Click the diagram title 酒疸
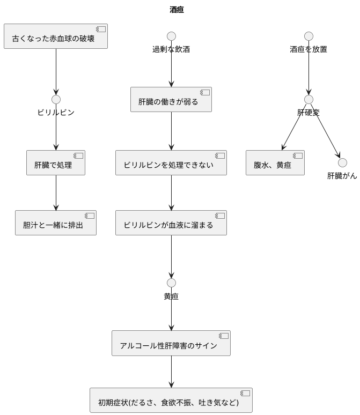(x=177, y=10)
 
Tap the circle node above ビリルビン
(x=56, y=99)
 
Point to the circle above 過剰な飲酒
(x=171, y=36)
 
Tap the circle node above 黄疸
(x=171, y=283)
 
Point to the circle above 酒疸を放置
(x=308, y=36)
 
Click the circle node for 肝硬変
(x=308, y=99)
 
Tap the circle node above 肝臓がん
(x=342, y=162)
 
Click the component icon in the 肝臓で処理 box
(x=78, y=155)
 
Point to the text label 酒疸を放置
(x=308, y=49)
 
